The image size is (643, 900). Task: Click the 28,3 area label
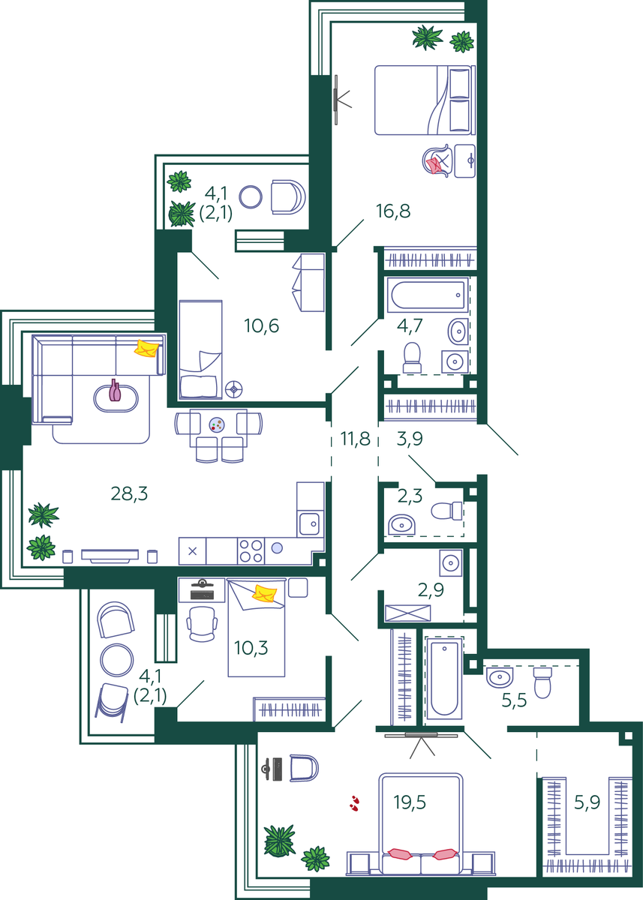click(129, 493)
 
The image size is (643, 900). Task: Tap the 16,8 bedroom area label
click(393, 211)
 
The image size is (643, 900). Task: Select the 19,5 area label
click(410, 802)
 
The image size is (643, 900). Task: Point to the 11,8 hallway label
click(355, 438)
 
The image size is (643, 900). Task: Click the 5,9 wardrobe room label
click(587, 802)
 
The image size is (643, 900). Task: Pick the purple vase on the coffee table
click(115, 390)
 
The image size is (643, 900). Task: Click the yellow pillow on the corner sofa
click(146, 348)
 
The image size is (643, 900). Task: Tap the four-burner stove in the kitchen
click(251, 550)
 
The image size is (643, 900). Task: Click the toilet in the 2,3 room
click(447, 511)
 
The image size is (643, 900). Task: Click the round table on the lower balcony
click(116, 660)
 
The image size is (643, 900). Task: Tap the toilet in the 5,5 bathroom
click(542, 682)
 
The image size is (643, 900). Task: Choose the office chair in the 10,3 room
click(202, 624)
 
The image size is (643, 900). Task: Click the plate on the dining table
click(217, 424)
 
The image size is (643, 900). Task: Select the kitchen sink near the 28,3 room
click(310, 524)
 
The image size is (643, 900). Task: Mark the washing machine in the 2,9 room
click(450, 562)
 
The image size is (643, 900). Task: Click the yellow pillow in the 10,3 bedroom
click(264, 594)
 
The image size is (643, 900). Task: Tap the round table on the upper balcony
click(251, 196)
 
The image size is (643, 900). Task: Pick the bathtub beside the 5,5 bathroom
click(444, 678)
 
